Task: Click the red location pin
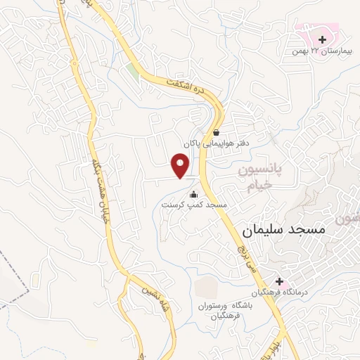click(x=181, y=166)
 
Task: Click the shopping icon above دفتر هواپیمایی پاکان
click(x=216, y=131)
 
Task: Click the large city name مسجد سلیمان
click(x=283, y=230)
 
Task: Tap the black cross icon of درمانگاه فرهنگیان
click(x=278, y=281)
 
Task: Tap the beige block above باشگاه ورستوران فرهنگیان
click(x=206, y=288)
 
